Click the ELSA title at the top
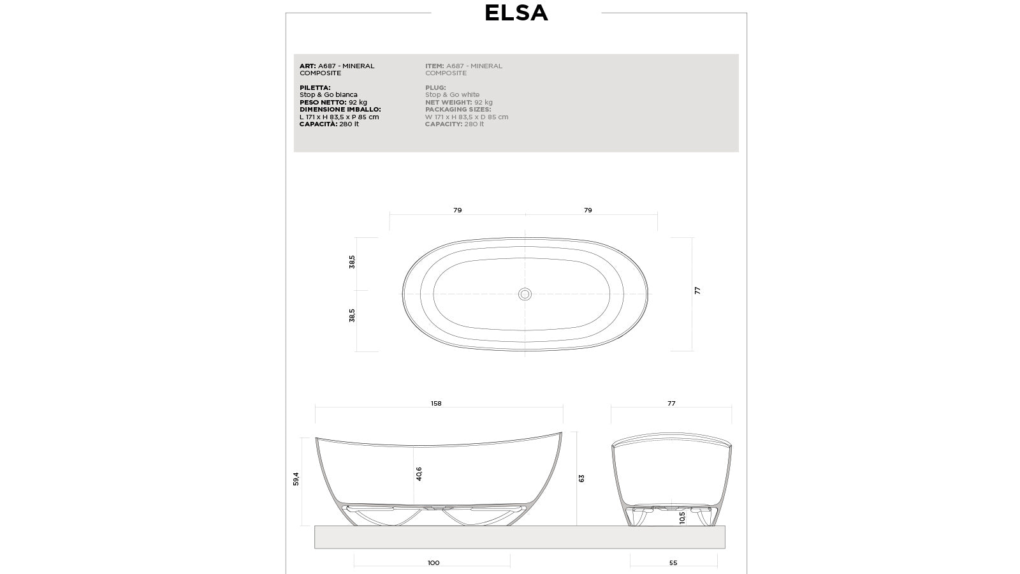point(516,13)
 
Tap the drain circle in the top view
point(525,294)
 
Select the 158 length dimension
point(436,404)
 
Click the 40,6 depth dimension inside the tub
point(419,474)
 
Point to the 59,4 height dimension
point(296,479)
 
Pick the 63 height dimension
point(581,478)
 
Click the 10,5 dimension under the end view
point(682,517)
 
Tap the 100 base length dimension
point(433,563)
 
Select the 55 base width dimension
point(673,563)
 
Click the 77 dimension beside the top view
point(697,291)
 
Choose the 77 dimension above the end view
point(671,404)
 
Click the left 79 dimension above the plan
point(457,210)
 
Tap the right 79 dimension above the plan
point(588,210)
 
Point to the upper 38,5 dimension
point(352,261)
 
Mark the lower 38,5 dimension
point(352,315)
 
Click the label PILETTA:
point(315,88)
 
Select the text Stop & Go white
point(452,95)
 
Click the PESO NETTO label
point(323,102)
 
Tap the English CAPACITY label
point(444,124)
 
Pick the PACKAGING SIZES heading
point(458,110)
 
